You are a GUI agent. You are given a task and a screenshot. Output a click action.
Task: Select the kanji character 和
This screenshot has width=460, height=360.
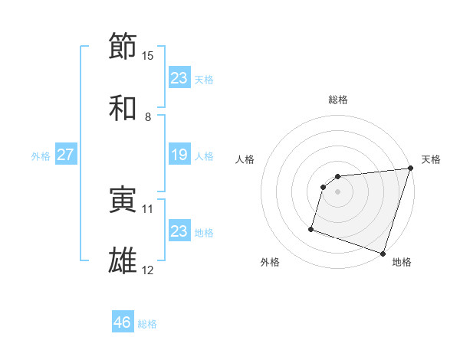[123, 107]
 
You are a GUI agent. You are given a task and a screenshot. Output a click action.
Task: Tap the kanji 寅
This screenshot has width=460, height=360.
[123, 200]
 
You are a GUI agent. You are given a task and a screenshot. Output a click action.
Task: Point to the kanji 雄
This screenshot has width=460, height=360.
[123, 261]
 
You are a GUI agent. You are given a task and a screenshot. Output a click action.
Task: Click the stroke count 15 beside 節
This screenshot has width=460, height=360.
[148, 56]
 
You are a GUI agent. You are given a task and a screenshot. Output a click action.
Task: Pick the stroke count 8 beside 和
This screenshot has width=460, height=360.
[147, 117]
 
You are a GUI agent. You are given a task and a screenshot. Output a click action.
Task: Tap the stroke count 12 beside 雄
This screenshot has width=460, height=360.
[148, 270]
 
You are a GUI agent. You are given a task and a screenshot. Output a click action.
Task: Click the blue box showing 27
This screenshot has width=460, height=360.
[65, 155]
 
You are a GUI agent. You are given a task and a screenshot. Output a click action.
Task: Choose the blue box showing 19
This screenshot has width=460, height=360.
[179, 155]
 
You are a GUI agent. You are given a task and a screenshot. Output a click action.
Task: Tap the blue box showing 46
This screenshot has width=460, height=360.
[123, 322]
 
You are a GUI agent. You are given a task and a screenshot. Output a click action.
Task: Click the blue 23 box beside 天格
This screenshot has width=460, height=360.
[179, 77]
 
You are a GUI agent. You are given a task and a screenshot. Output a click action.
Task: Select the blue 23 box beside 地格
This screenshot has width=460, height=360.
[179, 231]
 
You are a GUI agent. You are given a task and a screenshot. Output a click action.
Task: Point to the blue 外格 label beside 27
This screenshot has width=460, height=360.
[41, 155]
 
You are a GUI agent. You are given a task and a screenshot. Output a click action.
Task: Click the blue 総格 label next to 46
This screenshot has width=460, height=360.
[147, 324]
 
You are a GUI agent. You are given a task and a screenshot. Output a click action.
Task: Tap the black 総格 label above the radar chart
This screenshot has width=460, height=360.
[338, 100]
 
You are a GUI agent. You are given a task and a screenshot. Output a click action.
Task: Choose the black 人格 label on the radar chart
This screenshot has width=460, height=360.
[245, 159]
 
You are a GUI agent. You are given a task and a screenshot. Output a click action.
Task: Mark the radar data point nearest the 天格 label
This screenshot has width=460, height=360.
[410, 169]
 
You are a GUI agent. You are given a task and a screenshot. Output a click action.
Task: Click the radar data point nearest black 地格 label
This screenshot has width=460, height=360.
[383, 253]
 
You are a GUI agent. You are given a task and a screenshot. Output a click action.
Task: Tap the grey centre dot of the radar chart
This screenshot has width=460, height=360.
[338, 191]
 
